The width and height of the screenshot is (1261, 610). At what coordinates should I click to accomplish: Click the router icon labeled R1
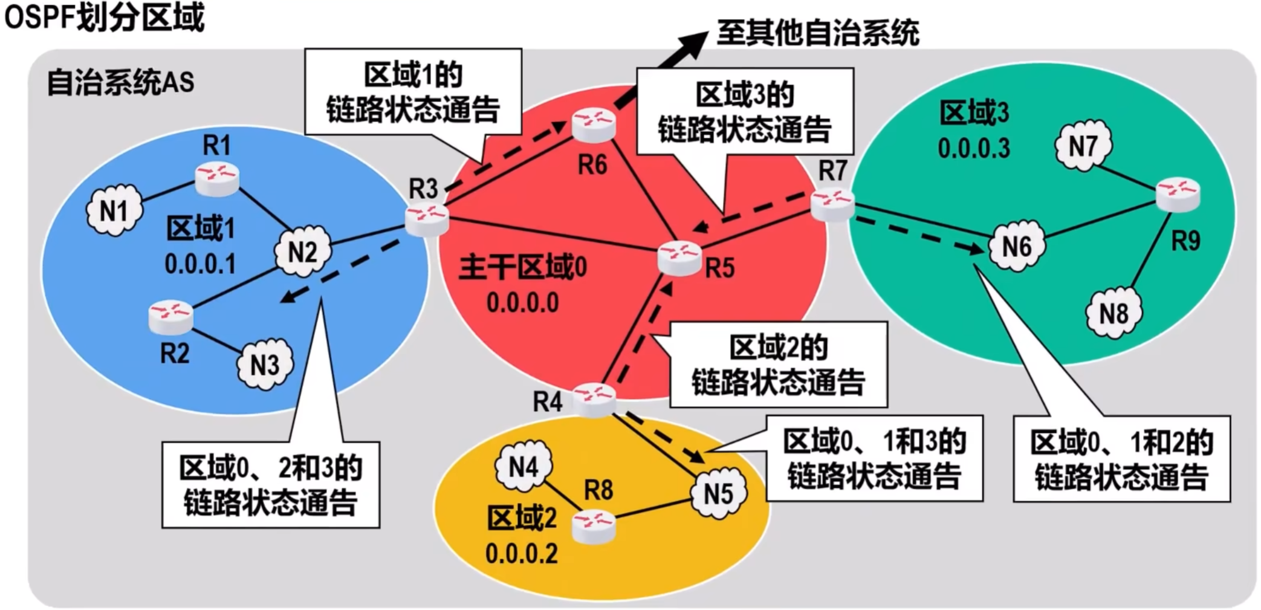coord(217,178)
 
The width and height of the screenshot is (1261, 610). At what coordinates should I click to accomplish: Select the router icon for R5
coord(679,258)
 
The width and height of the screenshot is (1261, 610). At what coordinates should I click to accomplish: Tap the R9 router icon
coord(1178,194)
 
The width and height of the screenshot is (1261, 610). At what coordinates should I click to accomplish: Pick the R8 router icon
coord(594,525)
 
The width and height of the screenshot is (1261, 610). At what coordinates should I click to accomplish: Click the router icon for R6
coord(593,123)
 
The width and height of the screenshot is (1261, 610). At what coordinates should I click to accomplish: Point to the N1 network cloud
coord(114,211)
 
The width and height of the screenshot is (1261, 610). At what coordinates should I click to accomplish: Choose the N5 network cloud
coord(718,493)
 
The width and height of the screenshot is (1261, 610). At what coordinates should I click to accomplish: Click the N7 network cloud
coord(1083,146)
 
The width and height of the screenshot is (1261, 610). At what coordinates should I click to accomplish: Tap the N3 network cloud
coord(265,365)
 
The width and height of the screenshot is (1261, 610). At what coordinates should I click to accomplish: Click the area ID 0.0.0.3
coord(974,148)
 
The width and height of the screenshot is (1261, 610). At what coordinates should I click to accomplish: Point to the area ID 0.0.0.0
coord(522,302)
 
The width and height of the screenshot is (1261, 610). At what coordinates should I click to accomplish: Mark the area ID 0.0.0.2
coord(521,553)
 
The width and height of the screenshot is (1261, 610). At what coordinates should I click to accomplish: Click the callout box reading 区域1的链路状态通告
coord(413,92)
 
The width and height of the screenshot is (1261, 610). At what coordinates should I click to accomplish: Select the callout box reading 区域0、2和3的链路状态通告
coord(270,485)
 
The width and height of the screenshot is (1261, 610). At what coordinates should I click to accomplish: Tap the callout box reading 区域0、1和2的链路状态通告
coord(1121,459)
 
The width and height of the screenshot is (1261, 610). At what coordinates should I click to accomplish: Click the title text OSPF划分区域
coord(104,17)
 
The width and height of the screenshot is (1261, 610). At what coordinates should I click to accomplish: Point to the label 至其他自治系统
coord(817,32)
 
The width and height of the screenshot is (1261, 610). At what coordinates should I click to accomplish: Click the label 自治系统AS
coord(120,83)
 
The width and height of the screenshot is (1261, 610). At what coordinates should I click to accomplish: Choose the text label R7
coord(832,170)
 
